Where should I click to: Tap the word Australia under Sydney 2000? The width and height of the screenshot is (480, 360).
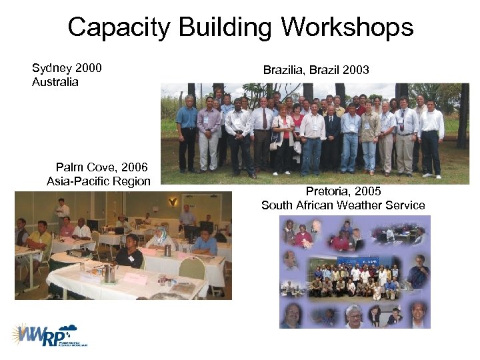pyautogui.click(x=55, y=82)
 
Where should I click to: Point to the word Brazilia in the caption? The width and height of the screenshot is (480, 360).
pyautogui.click(x=284, y=70)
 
